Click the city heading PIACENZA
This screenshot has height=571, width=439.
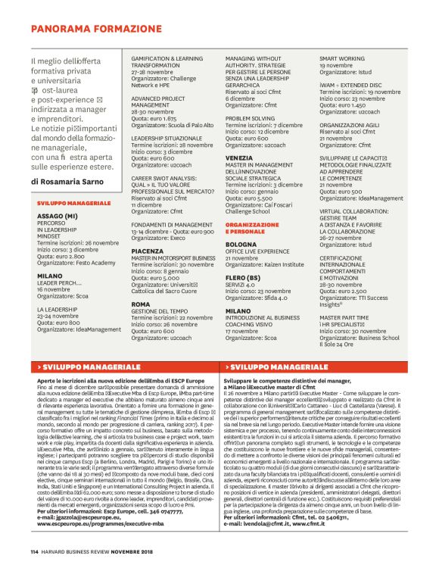pos(147,249)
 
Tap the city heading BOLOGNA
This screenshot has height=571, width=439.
pos(242,245)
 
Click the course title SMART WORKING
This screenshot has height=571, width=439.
pos(342,58)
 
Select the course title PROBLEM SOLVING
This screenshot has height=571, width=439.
pos(250,118)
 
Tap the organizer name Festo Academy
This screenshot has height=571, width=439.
pos(89,262)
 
